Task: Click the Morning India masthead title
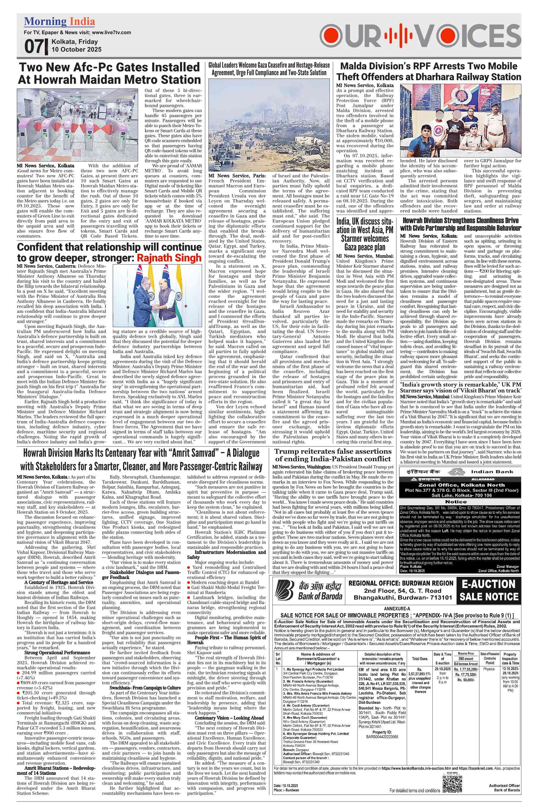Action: click(59, 22)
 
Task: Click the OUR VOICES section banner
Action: click(420, 36)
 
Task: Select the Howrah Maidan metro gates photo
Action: click(80, 125)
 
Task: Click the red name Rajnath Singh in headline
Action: click(169, 258)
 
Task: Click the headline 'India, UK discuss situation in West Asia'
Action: click(365, 234)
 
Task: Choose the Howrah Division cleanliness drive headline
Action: click(460, 224)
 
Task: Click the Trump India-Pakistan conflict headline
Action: click(333, 455)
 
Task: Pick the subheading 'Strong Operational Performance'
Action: click(57, 653)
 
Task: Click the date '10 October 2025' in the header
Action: click(76, 49)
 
